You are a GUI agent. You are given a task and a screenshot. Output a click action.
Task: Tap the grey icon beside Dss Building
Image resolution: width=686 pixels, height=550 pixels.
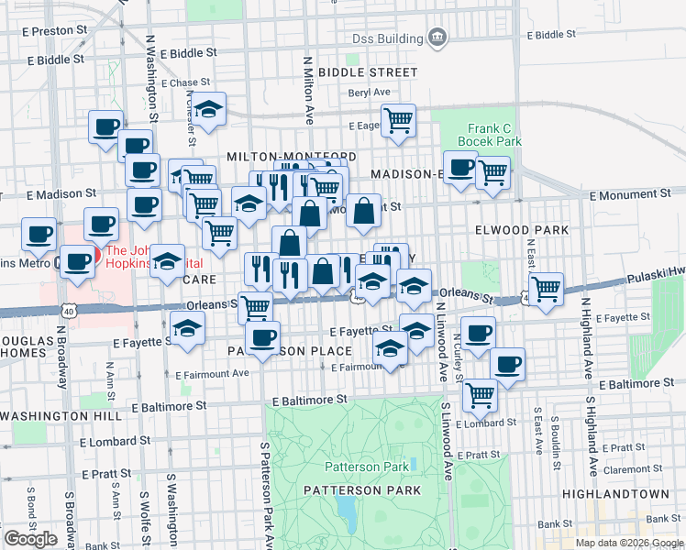tap(437, 38)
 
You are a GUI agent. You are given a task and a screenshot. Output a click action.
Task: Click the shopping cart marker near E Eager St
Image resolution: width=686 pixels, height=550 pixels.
tap(398, 120)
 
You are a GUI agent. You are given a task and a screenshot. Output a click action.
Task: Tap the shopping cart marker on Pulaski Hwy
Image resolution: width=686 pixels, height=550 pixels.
tap(546, 289)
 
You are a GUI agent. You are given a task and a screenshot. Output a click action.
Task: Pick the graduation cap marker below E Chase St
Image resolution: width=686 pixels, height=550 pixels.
tap(209, 109)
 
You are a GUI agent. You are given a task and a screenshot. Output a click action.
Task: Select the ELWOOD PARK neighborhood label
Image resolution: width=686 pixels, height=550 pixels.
tap(521, 229)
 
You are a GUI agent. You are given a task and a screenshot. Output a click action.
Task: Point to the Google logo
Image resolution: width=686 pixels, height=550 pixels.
tap(30, 538)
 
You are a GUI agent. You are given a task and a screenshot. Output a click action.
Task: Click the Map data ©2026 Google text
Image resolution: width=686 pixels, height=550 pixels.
tap(629, 543)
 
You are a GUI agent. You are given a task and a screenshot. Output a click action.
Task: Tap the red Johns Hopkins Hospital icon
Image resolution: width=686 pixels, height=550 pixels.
tap(92, 252)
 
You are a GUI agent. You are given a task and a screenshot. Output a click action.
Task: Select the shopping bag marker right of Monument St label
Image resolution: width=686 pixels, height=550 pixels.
tap(364, 211)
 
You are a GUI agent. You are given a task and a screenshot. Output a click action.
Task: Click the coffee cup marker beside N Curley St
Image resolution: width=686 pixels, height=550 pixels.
tap(477, 334)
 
